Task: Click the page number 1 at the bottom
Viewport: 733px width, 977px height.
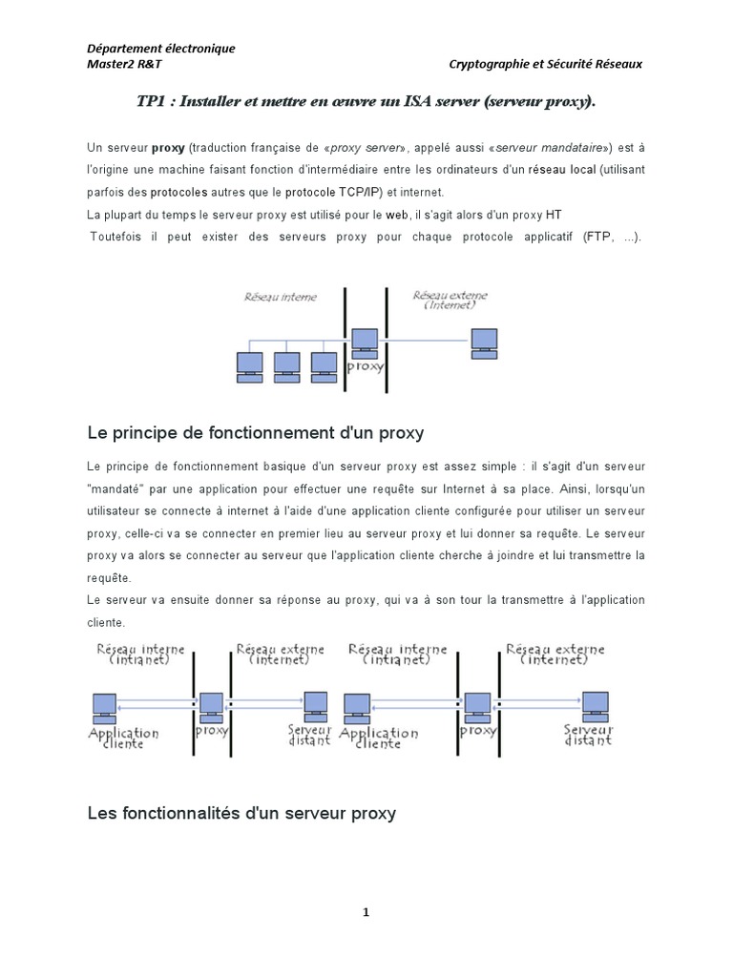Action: pos(366,912)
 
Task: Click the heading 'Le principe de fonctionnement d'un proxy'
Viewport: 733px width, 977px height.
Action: pos(255,433)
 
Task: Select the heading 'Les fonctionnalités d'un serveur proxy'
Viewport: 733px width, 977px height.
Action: pos(241,813)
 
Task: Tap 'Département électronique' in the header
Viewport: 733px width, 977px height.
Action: pos(160,49)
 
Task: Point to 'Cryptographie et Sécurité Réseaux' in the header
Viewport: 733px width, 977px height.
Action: pos(545,64)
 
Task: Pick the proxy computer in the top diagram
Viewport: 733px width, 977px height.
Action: pos(365,341)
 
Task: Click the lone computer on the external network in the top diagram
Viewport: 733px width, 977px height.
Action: pos(484,342)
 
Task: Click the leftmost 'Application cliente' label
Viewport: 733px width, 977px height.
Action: pos(123,738)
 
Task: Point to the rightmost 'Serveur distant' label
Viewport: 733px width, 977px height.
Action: pos(588,734)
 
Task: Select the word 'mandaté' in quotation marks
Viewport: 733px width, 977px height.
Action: pos(113,488)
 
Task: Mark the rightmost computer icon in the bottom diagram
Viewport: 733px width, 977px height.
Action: pos(596,704)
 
